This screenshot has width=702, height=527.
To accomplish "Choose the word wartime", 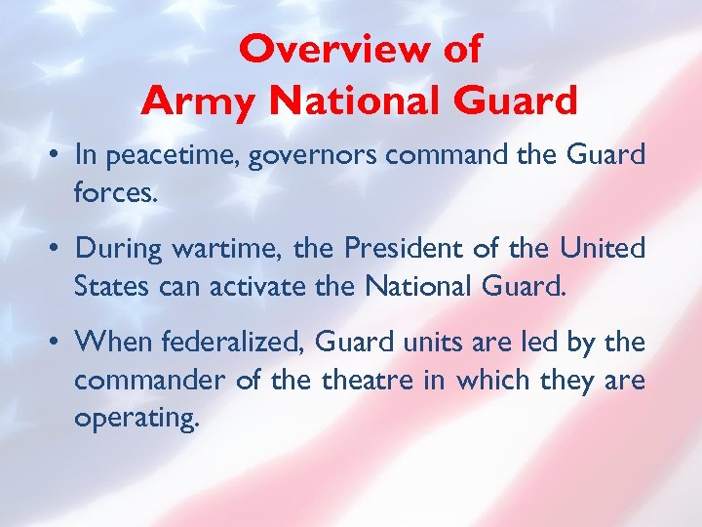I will click(216, 250).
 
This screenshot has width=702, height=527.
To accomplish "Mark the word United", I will click(602, 249).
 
